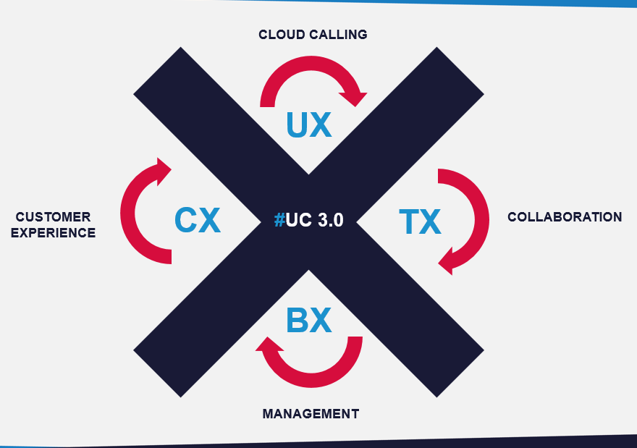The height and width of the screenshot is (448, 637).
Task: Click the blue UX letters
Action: pos(309,124)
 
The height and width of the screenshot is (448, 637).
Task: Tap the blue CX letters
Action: pos(198,220)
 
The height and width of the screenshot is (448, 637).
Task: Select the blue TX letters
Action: pos(420,221)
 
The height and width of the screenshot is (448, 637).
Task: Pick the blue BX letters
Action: pos(309,320)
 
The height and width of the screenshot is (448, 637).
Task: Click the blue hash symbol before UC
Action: pos(279,221)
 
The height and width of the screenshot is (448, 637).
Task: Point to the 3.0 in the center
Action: pos(329,221)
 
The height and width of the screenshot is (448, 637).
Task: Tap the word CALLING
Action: pos(340,35)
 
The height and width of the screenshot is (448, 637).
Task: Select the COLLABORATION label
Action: pos(564,217)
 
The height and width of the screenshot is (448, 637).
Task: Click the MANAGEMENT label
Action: pos(311,414)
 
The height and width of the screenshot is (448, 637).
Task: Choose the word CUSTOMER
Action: pos(54,217)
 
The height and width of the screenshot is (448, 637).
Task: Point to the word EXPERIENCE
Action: pos(54,233)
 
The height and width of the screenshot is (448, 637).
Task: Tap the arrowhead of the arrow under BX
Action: pos(265,347)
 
